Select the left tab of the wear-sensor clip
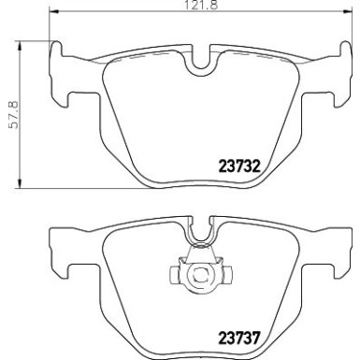(x=174, y=276)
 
